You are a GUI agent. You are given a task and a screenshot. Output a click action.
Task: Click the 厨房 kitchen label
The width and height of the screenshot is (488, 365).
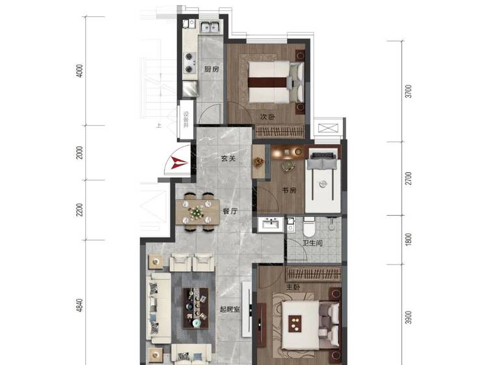click(211, 69)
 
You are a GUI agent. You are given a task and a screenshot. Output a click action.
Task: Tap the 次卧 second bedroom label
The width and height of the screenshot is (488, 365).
click(267, 117)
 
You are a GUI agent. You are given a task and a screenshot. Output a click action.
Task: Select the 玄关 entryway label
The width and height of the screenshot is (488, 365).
click(228, 158)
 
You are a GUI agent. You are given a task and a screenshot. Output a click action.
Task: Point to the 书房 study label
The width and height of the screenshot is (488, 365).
click(289, 190)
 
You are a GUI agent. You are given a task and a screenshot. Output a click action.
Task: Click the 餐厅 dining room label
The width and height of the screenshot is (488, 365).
click(230, 211)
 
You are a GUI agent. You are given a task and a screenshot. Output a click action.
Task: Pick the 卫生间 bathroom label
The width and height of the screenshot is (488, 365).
click(312, 242)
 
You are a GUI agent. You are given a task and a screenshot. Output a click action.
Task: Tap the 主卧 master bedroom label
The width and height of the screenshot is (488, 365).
click(293, 287)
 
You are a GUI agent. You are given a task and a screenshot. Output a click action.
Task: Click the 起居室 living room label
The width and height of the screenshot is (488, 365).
click(230, 309)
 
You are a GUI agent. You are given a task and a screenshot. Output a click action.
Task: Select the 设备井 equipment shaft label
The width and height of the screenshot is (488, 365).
click(186, 119)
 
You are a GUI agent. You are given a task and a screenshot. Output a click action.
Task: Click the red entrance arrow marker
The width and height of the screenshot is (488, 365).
click(178, 163)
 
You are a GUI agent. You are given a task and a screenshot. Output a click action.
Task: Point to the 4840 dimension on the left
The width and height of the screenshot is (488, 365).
click(79, 305)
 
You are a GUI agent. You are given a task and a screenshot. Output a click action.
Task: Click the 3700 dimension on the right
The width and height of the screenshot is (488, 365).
click(409, 91)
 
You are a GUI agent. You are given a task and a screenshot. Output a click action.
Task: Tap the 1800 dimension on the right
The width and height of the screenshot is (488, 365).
click(409, 239)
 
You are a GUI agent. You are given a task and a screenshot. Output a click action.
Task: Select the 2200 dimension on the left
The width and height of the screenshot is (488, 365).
click(79, 210)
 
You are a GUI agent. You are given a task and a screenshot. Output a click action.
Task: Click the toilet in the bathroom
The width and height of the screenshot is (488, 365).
click(309, 227)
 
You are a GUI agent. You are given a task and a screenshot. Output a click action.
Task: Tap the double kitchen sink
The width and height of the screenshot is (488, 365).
click(210, 27)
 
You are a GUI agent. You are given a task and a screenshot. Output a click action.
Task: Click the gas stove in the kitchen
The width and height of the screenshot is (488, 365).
click(189, 63)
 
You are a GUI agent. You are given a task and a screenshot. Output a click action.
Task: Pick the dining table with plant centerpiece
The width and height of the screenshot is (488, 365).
click(198, 212)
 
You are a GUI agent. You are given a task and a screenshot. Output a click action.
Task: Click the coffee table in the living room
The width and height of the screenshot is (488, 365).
click(195, 308)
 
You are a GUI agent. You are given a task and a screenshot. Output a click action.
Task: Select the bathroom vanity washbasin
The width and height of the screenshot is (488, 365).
click(271, 224)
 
